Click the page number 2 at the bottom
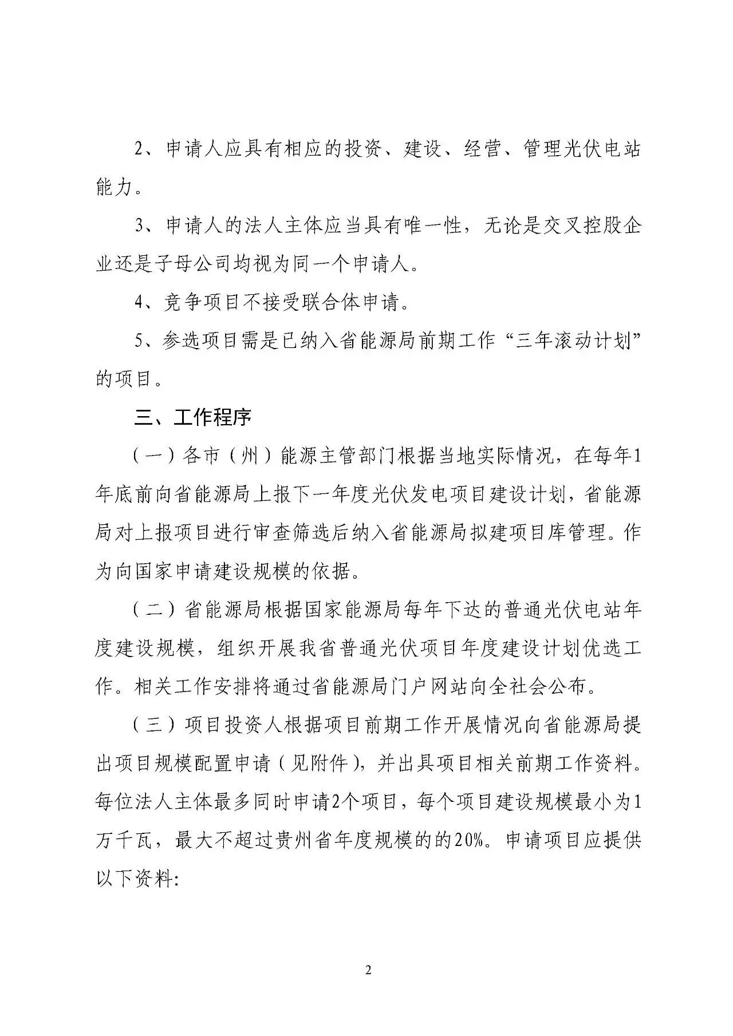tap(368, 954)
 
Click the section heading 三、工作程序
tap(192, 417)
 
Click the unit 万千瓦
tap(125, 840)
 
